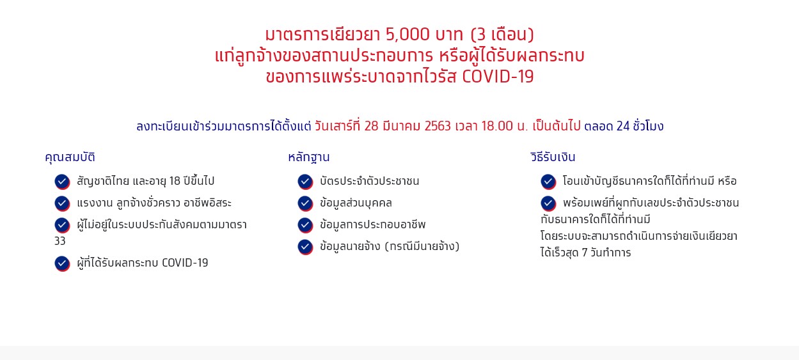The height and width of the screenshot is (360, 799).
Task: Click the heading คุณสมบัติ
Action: [x=70, y=157]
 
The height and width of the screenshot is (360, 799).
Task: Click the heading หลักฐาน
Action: [x=309, y=157]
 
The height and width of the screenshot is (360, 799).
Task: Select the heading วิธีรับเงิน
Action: [x=553, y=157]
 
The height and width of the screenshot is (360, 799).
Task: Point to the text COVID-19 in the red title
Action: [x=498, y=77]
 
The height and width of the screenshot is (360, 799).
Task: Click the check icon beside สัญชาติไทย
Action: [x=62, y=182]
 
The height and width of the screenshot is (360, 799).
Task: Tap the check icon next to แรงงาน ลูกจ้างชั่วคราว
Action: [x=62, y=203]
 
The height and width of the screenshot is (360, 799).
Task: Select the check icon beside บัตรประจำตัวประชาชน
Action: [x=305, y=182]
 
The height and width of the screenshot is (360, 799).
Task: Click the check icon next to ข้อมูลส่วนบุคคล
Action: [x=305, y=203]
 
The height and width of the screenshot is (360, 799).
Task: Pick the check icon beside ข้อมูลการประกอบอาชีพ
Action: [x=305, y=225]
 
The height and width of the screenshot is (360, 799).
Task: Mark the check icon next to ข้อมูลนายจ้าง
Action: [x=305, y=247]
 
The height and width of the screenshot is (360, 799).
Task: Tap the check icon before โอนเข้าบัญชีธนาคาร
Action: [x=548, y=182]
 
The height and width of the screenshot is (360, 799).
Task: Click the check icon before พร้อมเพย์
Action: [x=548, y=203]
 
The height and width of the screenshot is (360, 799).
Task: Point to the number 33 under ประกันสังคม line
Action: [x=60, y=241]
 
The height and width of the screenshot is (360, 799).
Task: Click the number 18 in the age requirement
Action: [x=175, y=181]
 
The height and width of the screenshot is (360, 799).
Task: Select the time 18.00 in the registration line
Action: [x=497, y=126]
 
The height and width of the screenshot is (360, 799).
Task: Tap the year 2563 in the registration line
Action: [x=438, y=126]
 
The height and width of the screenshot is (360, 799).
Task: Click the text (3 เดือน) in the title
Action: [x=502, y=35]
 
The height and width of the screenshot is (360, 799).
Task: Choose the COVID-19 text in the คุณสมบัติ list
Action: [x=185, y=263]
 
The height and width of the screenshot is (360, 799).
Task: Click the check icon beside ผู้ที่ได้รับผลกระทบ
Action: [x=62, y=263]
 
